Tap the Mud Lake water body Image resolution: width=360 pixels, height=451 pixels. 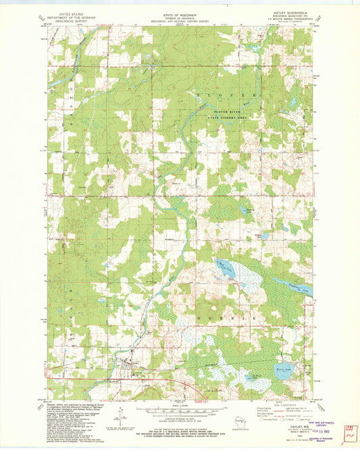[x=223, y=271]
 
